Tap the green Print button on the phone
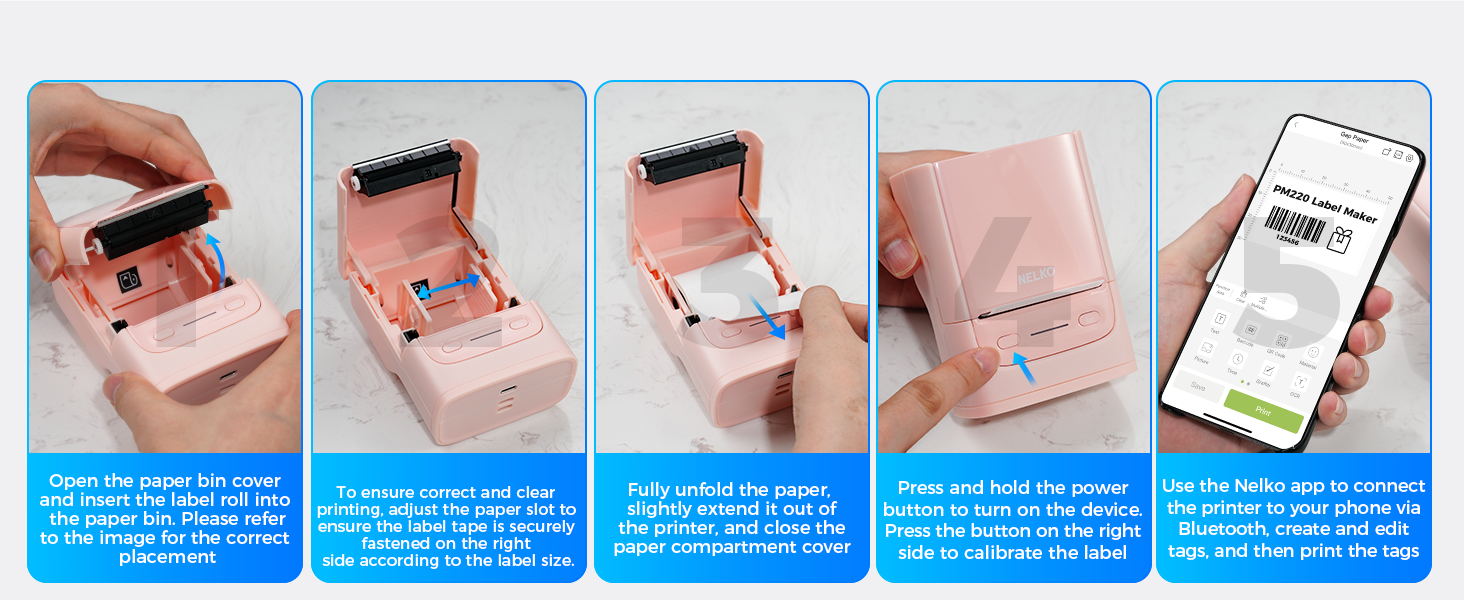pos(1263,410)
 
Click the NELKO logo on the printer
pos(1036,274)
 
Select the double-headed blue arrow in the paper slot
pos(448,288)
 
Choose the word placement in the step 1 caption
pos(166,557)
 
